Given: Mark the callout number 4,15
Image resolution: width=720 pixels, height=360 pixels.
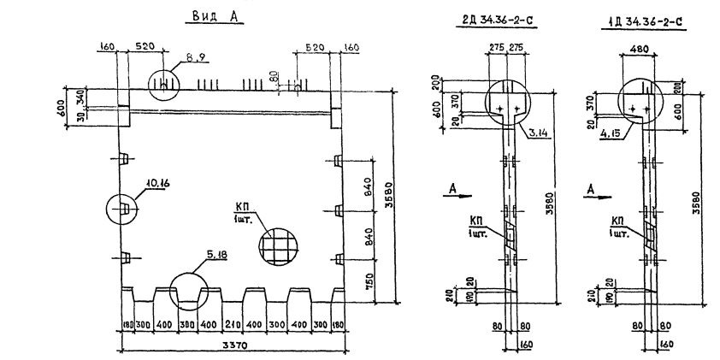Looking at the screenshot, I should [x=612, y=133].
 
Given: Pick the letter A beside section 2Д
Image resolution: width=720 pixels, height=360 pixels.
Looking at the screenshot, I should [x=452, y=187].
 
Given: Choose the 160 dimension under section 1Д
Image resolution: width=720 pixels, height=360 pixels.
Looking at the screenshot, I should [x=667, y=345].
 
